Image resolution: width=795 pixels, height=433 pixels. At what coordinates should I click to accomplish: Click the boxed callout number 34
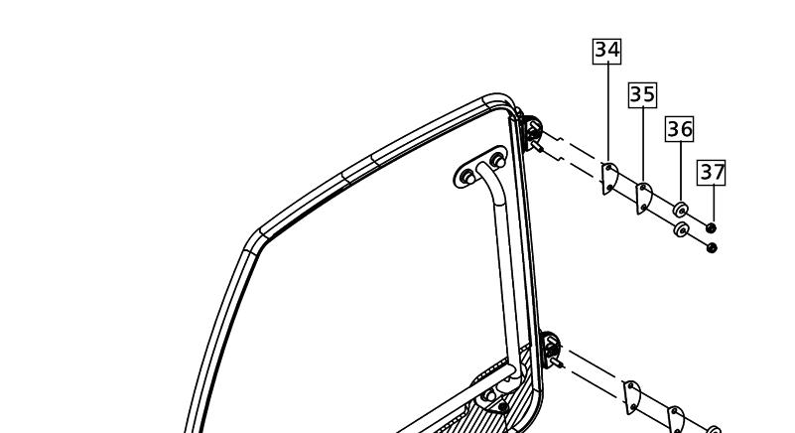click(606, 51)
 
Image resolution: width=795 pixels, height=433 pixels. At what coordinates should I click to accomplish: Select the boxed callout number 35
click(642, 95)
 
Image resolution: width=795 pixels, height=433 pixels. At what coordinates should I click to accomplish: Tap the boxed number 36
click(680, 129)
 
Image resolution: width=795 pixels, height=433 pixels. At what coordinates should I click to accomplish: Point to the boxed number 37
click(712, 173)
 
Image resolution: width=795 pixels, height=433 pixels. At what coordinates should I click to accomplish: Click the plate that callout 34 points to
click(610, 179)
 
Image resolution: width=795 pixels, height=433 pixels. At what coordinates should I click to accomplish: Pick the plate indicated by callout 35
click(644, 199)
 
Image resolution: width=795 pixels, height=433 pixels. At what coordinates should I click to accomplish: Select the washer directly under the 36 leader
click(681, 210)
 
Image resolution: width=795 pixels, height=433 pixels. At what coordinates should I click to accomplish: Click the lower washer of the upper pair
click(682, 229)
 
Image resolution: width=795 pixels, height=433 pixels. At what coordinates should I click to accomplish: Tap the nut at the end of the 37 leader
click(712, 228)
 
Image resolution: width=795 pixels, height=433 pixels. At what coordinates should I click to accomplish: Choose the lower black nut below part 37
click(712, 247)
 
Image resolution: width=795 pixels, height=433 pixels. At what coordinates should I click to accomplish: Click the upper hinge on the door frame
click(532, 131)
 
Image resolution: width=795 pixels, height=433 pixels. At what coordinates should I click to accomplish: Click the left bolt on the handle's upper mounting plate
click(469, 177)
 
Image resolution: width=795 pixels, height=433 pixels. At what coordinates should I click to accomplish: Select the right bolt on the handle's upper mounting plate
click(497, 160)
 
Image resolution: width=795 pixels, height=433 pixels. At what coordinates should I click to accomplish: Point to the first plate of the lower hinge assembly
click(632, 397)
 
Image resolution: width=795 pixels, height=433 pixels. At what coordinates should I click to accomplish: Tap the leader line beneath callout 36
click(680, 172)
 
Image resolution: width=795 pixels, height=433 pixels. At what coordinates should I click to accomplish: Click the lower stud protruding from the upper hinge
click(537, 147)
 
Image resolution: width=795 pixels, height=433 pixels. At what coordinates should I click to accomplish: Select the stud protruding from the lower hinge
click(557, 362)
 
